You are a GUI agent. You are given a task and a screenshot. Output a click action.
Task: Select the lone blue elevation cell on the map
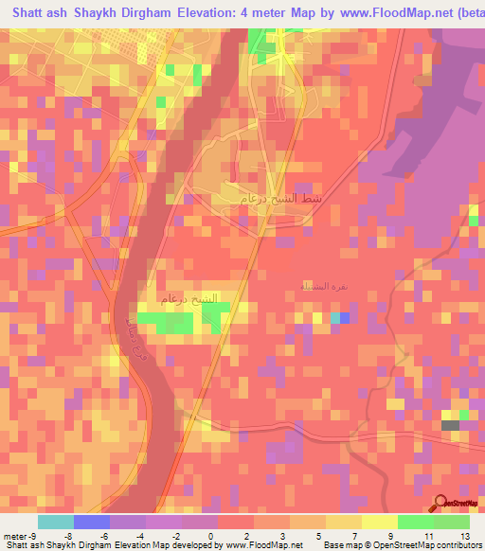pyautogui.click(x=344, y=317)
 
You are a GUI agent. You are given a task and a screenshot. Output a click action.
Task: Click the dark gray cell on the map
pyautogui.click(x=451, y=426)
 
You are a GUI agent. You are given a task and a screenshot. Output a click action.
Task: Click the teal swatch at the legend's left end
pyautogui.click(x=56, y=522)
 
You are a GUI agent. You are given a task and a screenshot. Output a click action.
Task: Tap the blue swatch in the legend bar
pyautogui.click(x=92, y=522)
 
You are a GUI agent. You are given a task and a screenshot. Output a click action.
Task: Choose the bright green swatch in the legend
pyautogui.click(x=416, y=522)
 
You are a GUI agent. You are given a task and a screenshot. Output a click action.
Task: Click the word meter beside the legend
pyautogui.click(x=15, y=535)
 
